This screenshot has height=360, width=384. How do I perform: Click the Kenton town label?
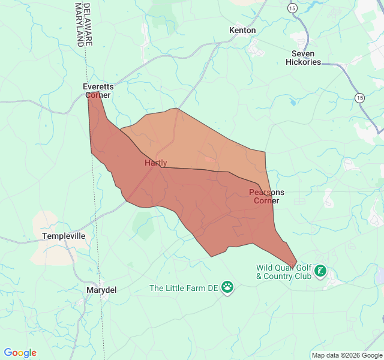pos(242,30)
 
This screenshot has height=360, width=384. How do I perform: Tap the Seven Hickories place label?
pos(303,58)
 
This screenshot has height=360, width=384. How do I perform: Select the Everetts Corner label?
pos(98,91)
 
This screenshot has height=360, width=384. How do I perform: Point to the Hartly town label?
pos(156,163)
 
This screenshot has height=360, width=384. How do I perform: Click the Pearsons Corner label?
pos(266,196)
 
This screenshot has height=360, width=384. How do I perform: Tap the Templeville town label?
pos(64,236)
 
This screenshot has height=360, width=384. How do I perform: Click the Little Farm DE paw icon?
pos(227,287)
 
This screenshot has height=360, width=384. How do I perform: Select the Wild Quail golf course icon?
pos(321,272)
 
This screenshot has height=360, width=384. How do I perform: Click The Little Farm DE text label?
pos(184,288)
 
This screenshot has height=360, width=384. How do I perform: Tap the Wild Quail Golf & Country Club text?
pos(284,272)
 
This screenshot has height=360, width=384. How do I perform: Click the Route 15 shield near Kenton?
pos(292,8)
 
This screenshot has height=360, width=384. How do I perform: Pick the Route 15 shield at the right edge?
pos(359,97)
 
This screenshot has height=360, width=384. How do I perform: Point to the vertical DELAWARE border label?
pos(88,24)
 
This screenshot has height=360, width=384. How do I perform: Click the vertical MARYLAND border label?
pos(79,24)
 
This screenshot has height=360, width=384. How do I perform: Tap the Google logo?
pos(20,353)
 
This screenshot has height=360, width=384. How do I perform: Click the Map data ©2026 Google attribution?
pos(346,355)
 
